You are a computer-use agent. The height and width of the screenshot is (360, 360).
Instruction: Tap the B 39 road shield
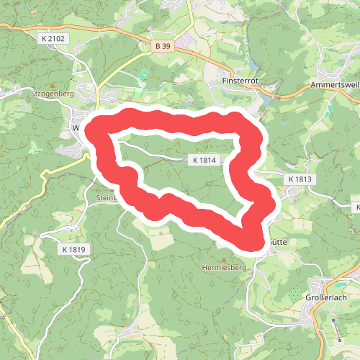tap(163, 45)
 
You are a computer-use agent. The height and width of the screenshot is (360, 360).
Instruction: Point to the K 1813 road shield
tap(300, 178)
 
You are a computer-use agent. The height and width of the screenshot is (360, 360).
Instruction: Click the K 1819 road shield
tap(74, 249)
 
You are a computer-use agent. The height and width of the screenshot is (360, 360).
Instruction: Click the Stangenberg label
tap(53, 94)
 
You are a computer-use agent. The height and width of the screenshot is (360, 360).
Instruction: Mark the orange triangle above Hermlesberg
tap(223, 258)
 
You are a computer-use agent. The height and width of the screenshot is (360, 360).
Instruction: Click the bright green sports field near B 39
tap(143, 74)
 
